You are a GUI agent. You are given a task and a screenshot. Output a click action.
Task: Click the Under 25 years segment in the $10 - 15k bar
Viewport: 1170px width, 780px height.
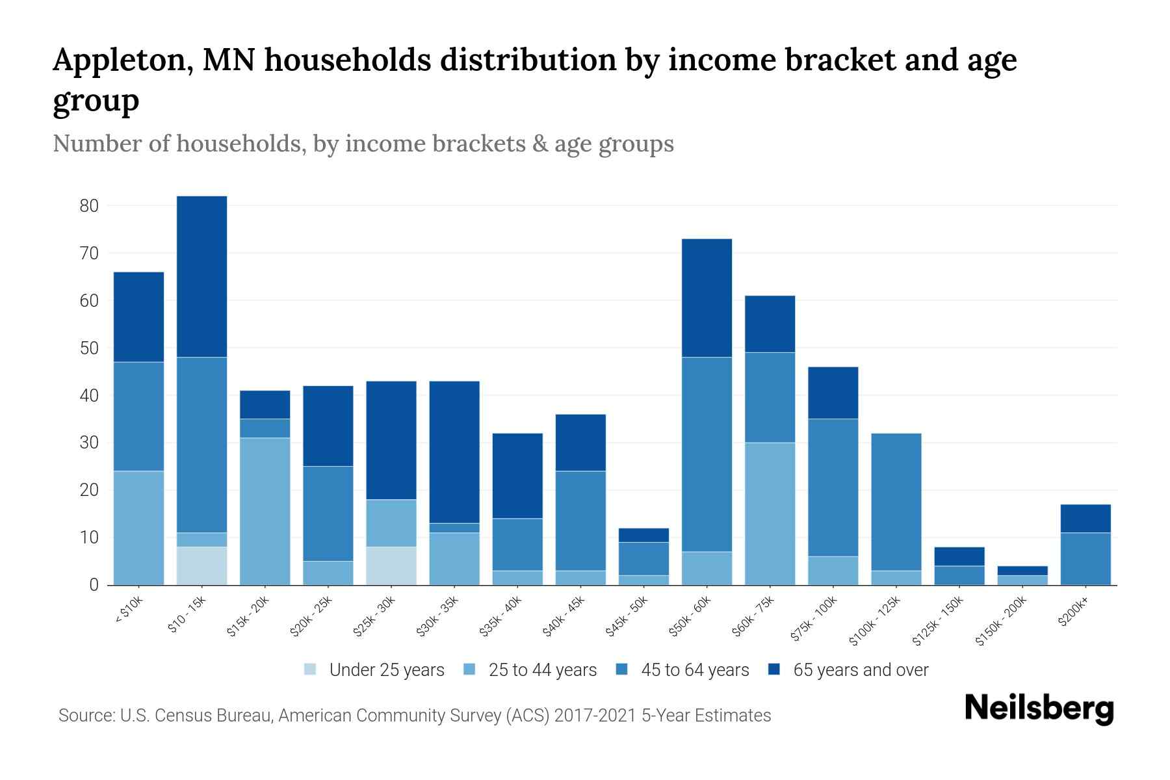coord(201,565)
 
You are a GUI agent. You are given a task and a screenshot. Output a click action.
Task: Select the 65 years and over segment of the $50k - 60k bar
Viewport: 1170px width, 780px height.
coord(707,298)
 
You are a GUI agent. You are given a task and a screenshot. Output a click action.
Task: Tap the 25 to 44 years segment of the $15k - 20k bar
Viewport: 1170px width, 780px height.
coord(265,511)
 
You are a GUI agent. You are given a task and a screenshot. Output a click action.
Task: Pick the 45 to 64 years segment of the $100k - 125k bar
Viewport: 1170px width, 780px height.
coord(896,502)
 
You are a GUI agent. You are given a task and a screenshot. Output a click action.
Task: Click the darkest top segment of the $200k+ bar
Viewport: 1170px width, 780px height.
coord(1085,518)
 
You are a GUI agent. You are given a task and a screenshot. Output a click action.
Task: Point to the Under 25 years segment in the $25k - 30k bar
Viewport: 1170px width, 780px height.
coord(391,565)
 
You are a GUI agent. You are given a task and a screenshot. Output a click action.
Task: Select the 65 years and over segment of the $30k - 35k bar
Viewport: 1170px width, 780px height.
coord(454,452)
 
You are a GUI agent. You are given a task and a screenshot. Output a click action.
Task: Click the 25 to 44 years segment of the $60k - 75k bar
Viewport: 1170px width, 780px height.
coord(770,513)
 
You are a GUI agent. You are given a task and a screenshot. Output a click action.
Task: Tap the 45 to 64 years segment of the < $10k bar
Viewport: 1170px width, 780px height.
coord(138,416)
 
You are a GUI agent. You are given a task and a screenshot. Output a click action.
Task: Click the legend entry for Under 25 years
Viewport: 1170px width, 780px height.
coord(386,669)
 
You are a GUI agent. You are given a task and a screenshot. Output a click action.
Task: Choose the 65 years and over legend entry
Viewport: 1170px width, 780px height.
coord(860,669)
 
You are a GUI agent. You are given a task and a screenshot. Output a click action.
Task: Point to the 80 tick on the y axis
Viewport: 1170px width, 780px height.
coord(88,206)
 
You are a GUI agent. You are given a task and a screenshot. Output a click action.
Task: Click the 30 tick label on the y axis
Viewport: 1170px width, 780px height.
coord(88,443)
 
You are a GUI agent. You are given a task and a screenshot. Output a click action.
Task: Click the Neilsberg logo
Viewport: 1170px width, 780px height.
coord(1039,708)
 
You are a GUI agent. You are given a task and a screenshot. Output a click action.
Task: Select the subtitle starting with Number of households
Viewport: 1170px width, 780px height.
coord(363,144)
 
